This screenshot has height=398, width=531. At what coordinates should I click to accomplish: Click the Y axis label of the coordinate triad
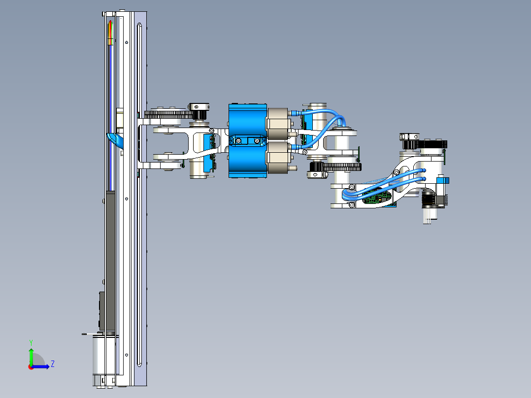point(31,342)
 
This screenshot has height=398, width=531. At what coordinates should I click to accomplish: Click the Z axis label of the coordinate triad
point(52,364)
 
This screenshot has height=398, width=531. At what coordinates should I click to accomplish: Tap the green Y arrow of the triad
point(31,355)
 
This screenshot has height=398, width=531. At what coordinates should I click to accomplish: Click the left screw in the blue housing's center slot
point(238,141)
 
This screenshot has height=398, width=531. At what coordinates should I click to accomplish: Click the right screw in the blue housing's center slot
point(256,141)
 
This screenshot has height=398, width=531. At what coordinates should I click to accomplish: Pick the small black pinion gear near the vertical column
point(199,115)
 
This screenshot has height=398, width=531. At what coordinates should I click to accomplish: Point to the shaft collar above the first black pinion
point(199,106)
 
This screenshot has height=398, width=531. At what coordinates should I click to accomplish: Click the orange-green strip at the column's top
point(110,33)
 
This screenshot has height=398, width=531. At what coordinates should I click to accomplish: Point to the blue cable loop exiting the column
point(114,139)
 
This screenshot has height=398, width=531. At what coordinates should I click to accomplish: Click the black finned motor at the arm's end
point(431,199)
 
